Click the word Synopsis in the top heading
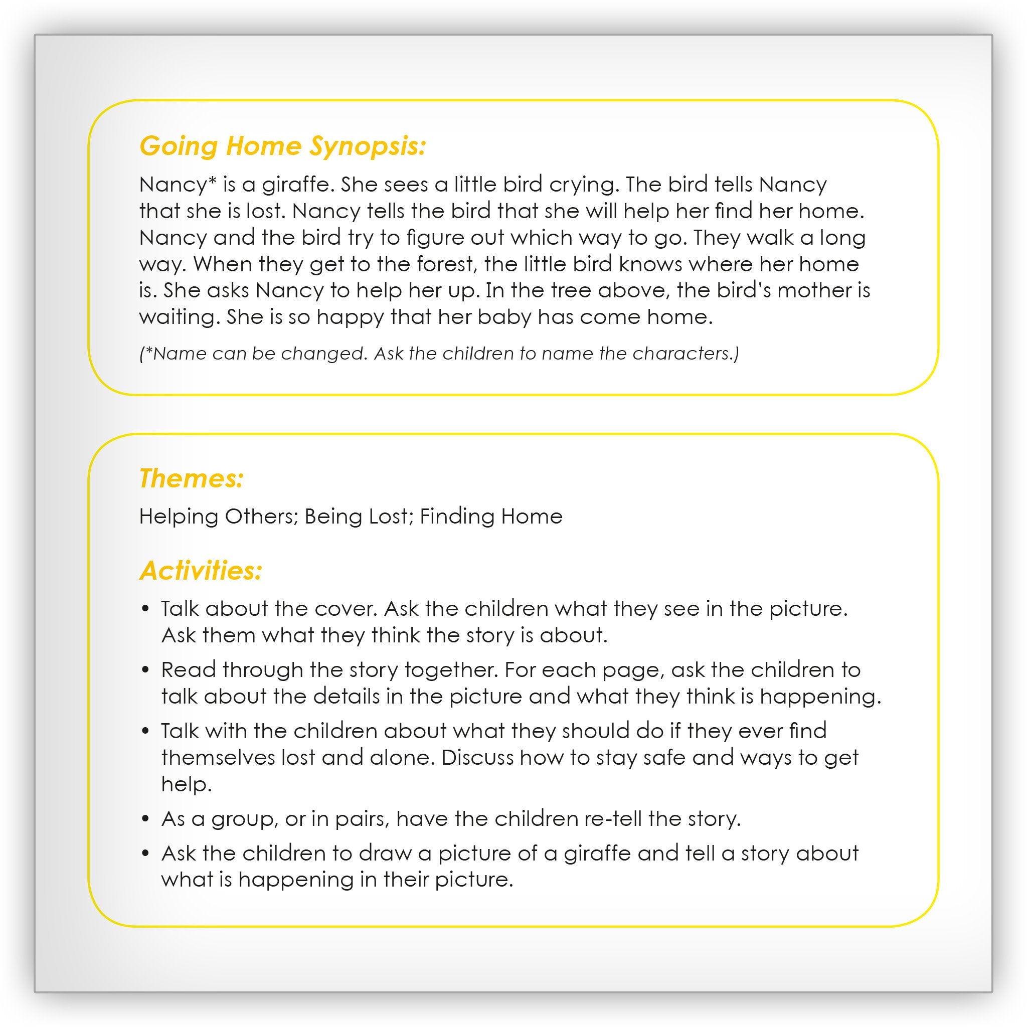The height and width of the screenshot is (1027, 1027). (x=368, y=146)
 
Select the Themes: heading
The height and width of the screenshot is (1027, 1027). (x=192, y=478)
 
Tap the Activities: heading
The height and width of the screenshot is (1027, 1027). (x=201, y=571)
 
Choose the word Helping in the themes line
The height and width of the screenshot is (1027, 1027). (x=178, y=516)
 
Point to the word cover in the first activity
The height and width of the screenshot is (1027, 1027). (x=345, y=609)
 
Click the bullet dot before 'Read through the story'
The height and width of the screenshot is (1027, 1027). (x=145, y=671)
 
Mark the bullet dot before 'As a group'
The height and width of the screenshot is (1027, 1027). (x=145, y=820)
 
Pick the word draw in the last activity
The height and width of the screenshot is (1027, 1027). (x=385, y=853)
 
